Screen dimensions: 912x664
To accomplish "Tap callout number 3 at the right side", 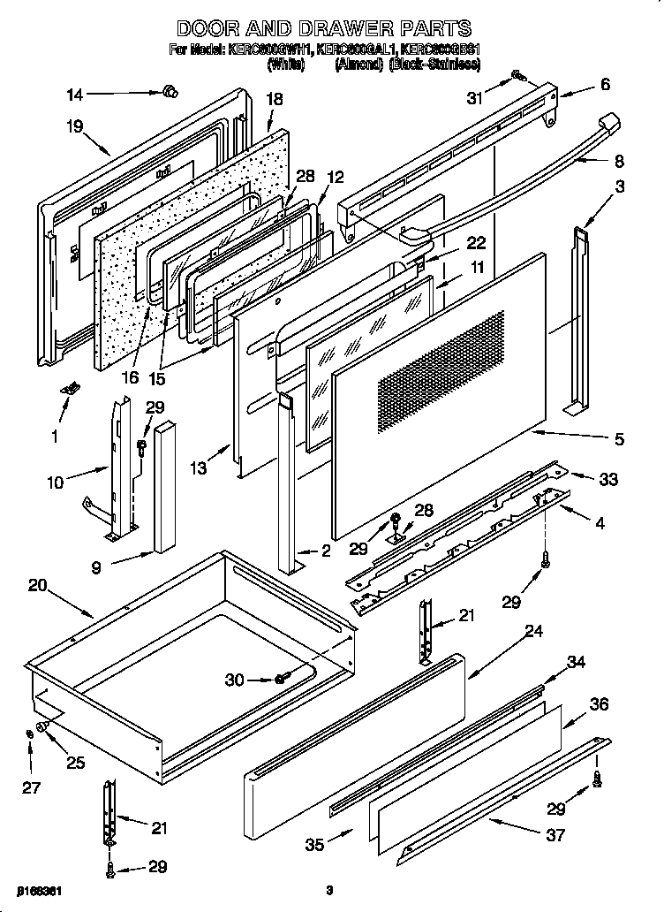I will (621, 186).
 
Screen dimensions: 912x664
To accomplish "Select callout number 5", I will (619, 438).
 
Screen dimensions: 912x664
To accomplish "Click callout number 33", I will (608, 481).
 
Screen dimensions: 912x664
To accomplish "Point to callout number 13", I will (200, 469).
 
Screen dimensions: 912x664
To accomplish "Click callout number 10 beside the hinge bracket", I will (57, 483).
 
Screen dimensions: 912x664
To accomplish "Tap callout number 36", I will (600, 704).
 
